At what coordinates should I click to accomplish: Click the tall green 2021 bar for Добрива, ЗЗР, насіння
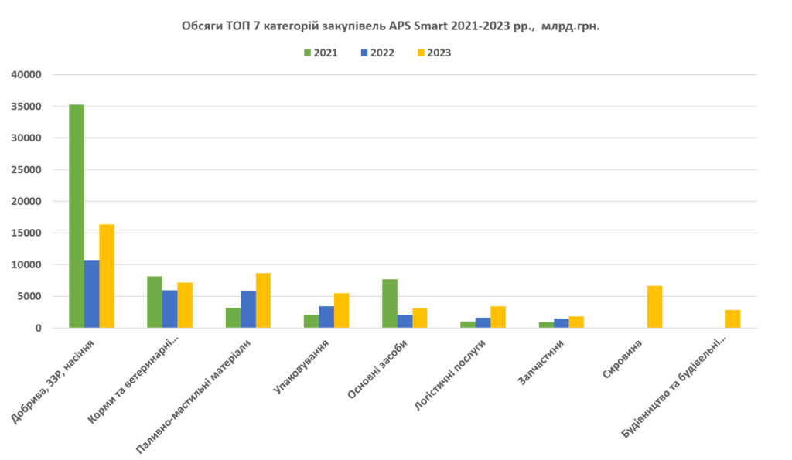pos(77,216)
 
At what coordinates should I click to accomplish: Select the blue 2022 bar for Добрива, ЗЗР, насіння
pos(92,294)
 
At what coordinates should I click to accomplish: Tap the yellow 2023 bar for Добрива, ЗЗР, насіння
pos(107,276)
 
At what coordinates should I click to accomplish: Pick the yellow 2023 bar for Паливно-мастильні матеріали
pos(263,300)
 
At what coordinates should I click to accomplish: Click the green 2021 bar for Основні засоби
pos(390,303)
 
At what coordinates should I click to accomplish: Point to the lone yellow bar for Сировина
pos(654,306)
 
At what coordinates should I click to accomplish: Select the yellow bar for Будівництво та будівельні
pos(732,319)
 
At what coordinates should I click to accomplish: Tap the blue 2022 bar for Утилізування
pos(326,316)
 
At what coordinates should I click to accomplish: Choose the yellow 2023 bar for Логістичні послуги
pos(498,316)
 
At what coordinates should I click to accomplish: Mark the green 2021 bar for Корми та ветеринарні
pos(155,302)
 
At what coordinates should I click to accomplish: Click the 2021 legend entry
pos(319,53)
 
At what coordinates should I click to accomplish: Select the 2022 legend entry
pos(377,53)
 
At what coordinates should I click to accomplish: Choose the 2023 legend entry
pos(433,53)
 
